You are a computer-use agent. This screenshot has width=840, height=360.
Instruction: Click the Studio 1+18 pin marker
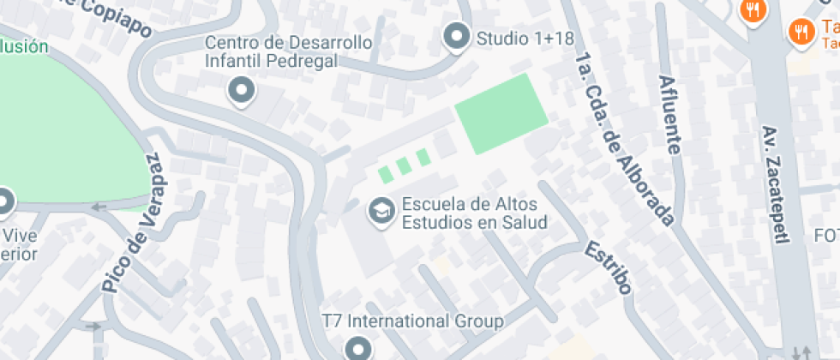click(x=457, y=37)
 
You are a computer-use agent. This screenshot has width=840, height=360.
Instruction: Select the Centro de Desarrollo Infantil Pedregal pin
click(x=242, y=89)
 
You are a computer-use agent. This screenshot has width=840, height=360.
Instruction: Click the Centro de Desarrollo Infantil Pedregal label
click(x=288, y=51)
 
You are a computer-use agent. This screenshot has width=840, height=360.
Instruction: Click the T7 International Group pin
click(x=358, y=348)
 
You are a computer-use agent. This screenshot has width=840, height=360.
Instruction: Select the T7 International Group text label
click(x=411, y=321)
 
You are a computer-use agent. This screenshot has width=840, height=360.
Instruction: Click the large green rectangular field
click(x=501, y=112)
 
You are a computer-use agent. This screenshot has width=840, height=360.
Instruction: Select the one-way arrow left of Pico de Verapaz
click(x=99, y=207)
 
